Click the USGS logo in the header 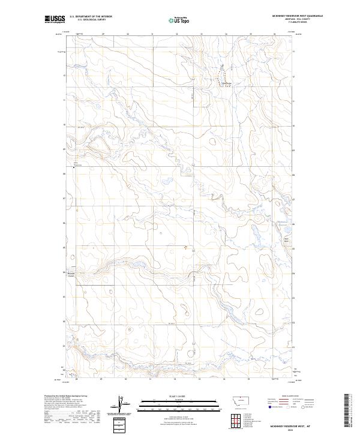[x=55, y=20]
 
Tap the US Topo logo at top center [x=181, y=20]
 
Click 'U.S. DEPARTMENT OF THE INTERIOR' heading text [x=91, y=17]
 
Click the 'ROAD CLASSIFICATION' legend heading [x=287, y=397]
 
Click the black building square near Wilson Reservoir [x=74, y=168]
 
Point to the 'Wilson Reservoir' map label [x=76, y=163]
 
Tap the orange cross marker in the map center [x=185, y=246]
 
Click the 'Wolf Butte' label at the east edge [x=286, y=240]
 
